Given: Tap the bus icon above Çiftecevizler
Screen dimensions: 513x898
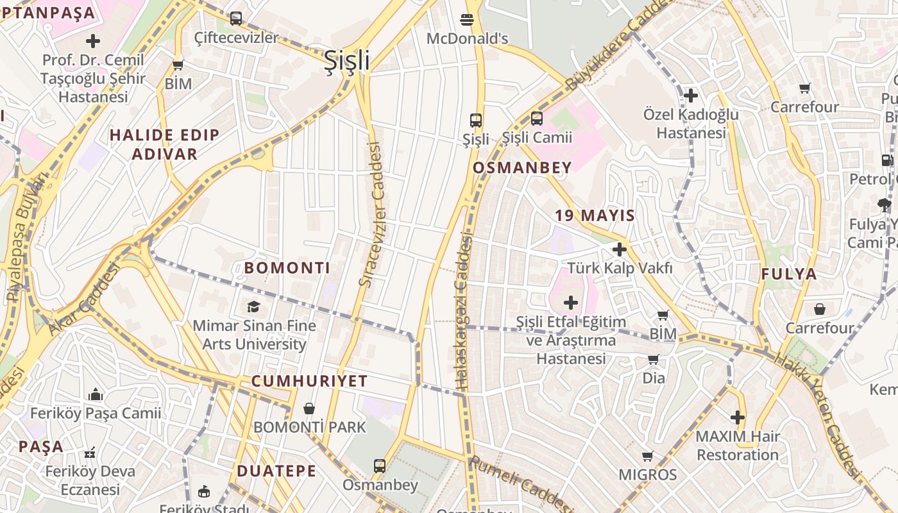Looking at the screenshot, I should [x=236, y=19].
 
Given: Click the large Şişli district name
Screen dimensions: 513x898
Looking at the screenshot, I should [x=347, y=60].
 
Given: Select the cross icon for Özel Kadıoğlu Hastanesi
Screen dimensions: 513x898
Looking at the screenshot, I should [x=691, y=96].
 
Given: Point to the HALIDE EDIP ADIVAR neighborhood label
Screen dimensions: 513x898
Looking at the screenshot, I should [x=165, y=144].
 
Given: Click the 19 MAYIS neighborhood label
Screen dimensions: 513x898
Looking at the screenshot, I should [x=595, y=215].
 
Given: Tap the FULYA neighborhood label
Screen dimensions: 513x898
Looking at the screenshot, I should [x=789, y=274].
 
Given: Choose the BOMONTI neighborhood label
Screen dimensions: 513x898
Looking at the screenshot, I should [x=287, y=268].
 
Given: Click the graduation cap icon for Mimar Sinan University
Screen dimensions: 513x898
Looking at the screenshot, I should [x=254, y=307].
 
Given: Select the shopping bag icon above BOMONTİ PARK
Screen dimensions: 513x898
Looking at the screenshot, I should [x=309, y=408].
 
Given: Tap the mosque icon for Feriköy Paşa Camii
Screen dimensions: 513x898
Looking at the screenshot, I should [x=96, y=394].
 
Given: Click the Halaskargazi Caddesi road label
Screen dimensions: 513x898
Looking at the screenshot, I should [x=463, y=311].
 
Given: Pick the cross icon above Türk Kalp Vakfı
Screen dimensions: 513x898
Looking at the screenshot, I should [x=620, y=249].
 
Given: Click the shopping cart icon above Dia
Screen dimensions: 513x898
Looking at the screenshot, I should [x=654, y=360].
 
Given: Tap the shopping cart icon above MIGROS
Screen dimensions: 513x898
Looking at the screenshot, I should [x=647, y=457].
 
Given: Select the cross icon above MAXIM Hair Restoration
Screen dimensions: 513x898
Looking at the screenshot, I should [x=738, y=418].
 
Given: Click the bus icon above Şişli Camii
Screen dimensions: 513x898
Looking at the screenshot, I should [x=537, y=119].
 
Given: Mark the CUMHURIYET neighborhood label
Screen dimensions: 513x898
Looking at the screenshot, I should [x=309, y=381].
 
